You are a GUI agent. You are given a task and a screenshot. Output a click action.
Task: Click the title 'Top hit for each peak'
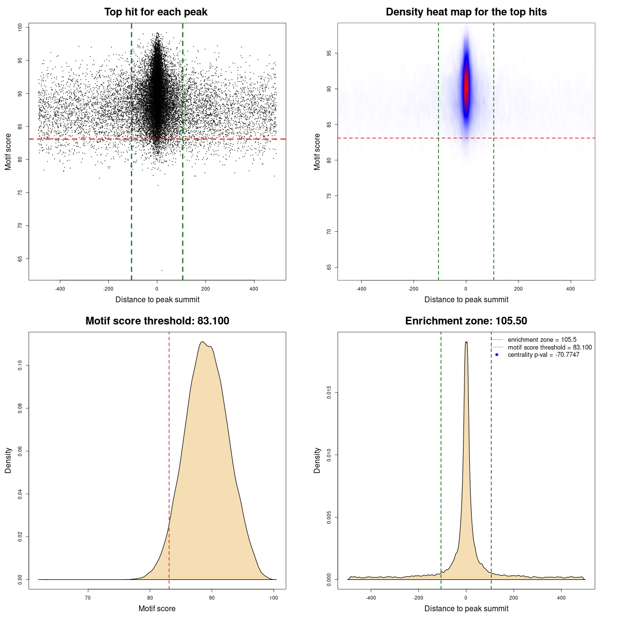(155, 12)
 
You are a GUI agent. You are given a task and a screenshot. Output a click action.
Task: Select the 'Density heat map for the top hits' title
(466, 12)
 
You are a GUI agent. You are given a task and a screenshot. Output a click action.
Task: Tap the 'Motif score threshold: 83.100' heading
(157, 321)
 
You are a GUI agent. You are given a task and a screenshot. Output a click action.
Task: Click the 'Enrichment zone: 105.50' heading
(466, 321)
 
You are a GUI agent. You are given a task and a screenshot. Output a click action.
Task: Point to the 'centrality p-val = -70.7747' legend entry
(543, 355)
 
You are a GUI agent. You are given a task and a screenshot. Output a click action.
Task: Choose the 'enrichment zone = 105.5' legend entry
(542, 340)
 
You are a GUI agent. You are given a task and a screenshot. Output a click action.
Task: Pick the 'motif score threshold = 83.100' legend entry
(549, 348)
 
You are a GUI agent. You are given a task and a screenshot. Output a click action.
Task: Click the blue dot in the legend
(497, 355)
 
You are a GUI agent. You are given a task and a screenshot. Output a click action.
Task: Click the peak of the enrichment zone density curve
(466, 342)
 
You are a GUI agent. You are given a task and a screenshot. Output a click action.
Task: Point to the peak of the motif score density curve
(203, 342)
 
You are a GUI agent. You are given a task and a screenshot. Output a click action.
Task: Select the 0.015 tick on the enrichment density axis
(329, 393)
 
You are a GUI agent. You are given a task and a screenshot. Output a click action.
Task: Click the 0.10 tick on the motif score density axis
(20, 365)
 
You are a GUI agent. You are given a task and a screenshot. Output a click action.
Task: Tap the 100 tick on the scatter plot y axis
(20, 28)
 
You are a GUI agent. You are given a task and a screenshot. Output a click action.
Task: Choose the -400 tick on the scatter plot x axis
(60, 289)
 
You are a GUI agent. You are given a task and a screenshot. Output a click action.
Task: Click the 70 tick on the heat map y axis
(329, 232)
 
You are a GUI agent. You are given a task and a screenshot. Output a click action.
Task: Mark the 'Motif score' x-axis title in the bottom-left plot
(157, 608)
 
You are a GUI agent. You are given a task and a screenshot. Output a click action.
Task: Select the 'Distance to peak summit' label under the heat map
(466, 299)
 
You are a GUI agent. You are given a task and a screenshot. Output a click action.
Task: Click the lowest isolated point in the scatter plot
(162, 270)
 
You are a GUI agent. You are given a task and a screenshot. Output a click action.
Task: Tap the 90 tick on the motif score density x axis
(212, 598)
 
